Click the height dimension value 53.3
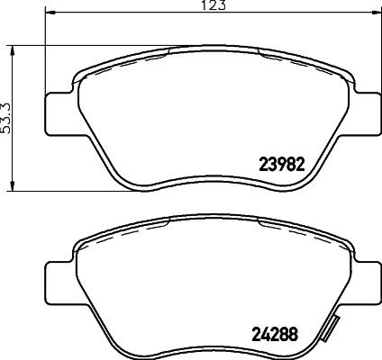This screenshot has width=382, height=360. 9,117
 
